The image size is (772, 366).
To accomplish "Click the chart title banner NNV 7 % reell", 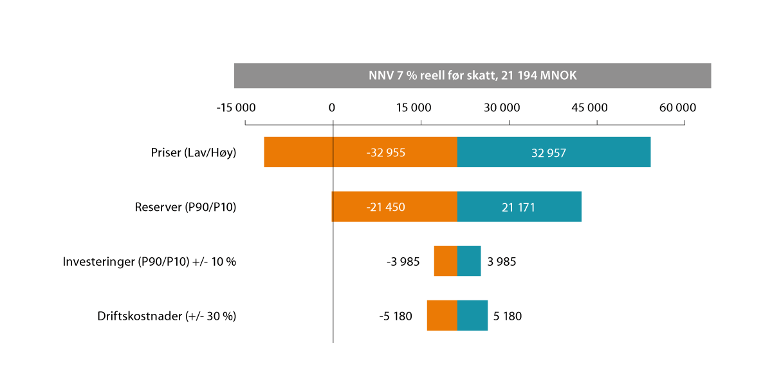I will (x=472, y=75).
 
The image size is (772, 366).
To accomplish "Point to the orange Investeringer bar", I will (x=445, y=261).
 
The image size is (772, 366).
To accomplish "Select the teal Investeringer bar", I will (x=469, y=261).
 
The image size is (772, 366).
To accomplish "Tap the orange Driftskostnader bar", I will (x=442, y=316).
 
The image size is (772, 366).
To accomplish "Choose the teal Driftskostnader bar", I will (x=472, y=316).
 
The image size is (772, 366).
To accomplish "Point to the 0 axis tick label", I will (x=332, y=108).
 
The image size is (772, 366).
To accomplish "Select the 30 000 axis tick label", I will (x=501, y=108).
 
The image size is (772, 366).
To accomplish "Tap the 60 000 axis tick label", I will (x=677, y=108).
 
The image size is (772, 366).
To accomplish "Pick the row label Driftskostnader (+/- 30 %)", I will (x=167, y=316).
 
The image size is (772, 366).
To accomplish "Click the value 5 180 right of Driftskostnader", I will (x=508, y=316).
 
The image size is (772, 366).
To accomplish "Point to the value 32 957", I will (x=549, y=153).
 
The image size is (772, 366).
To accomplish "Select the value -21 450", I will (x=385, y=208).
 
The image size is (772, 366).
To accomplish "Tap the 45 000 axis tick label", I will (x=589, y=108).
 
